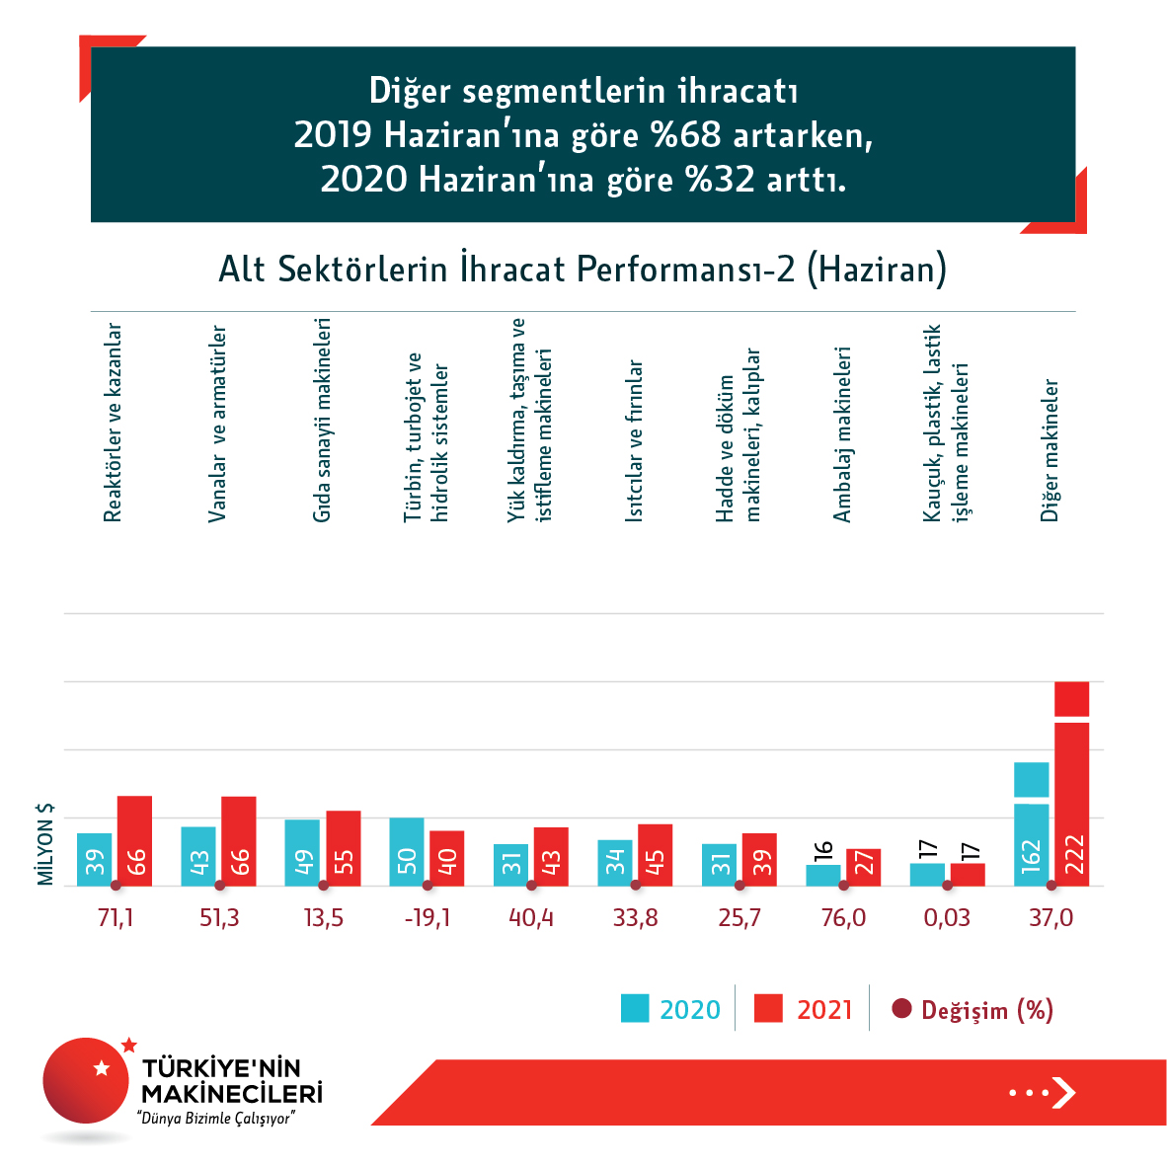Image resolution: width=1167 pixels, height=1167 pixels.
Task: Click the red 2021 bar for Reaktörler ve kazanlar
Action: pyautogui.click(x=135, y=841)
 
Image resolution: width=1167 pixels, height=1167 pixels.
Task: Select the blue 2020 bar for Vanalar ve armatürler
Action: pyautogui.click(x=198, y=856)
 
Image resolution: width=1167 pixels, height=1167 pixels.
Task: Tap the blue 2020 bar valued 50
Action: pyautogui.click(x=407, y=852)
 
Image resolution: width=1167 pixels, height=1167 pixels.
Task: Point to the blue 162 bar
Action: pyautogui.click(x=1032, y=829)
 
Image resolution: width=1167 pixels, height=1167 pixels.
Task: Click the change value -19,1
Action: pyautogui.click(x=428, y=918)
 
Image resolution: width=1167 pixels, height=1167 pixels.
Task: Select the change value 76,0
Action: pyautogui.click(x=843, y=918)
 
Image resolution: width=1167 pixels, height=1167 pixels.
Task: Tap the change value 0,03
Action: pyautogui.click(x=947, y=918)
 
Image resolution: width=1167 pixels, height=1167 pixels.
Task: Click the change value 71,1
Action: pyautogui.click(x=116, y=918)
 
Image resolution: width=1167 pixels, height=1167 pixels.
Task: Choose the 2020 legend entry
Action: pyautogui.click(x=671, y=1009)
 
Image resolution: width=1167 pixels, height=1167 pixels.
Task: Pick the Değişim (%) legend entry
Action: pyautogui.click(x=972, y=1009)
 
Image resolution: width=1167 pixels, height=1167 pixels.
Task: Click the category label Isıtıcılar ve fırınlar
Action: pyautogui.click(x=635, y=440)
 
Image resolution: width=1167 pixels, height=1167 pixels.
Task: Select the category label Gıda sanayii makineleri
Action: pyautogui.click(x=322, y=420)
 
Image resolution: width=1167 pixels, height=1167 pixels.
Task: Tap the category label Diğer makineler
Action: pyautogui.click(x=1050, y=450)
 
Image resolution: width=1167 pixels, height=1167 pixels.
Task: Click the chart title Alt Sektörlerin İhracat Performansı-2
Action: pyautogui.click(x=583, y=270)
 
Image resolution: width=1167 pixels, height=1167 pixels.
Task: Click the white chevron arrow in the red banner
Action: pyautogui.click(x=1063, y=1092)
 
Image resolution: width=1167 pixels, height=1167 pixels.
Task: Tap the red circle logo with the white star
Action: pyautogui.click(x=87, y=1080)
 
